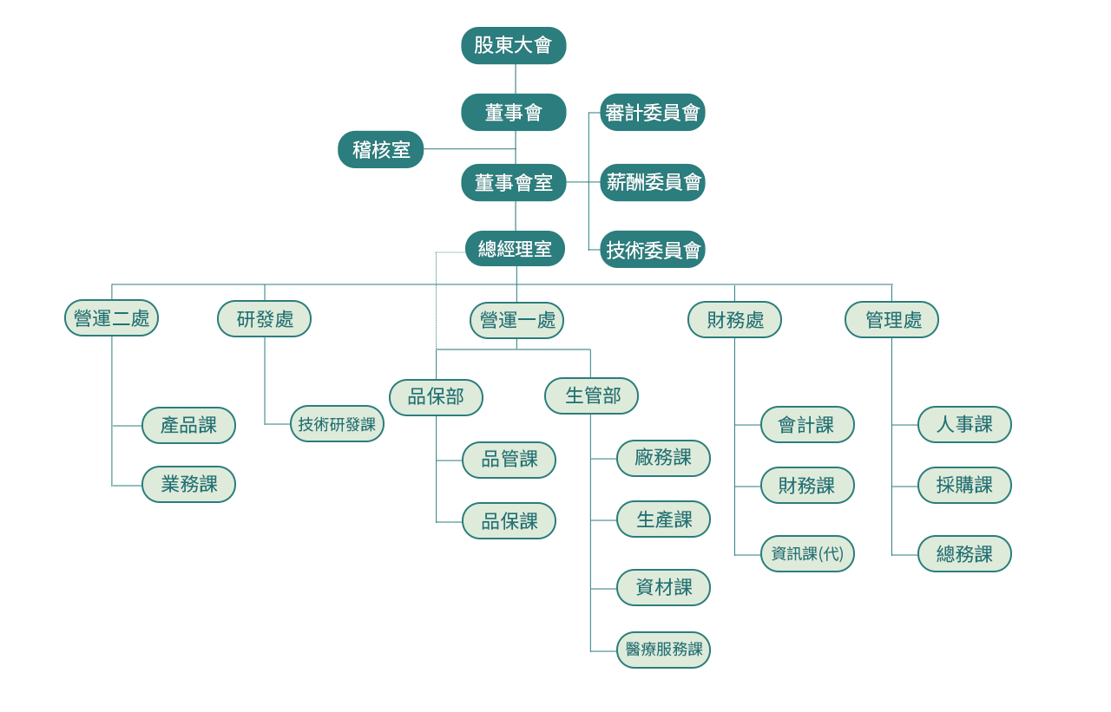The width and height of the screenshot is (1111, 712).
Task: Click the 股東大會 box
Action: click(x=513, y=46)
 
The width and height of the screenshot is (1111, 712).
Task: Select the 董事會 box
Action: click(x=513, y=113)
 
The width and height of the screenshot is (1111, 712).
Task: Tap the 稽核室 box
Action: click(x=381, y=149)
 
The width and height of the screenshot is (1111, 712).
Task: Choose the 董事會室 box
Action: click(x=513, y=183)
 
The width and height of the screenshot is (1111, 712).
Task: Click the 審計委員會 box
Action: click(x=653, y=113)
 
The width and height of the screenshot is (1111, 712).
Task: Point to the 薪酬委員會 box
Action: click(x=653, y=183)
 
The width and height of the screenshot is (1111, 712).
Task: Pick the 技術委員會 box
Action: click(x=653, y=250)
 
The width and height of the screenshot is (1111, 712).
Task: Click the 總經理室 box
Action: click(x=515, y=250)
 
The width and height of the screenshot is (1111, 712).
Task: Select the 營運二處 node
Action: click(x=112, y=318)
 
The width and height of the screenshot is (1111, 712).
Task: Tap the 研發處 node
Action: click(x=264, y=319)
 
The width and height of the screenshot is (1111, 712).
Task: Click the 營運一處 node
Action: click(x=516, y=320)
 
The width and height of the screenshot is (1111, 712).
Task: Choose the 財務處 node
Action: click(x=734, y=320)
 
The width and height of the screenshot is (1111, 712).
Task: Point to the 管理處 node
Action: click(x=891, y=320)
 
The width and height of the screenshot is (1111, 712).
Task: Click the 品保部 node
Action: click(x=436, y=397)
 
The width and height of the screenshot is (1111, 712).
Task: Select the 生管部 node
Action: click(x=591, y=396)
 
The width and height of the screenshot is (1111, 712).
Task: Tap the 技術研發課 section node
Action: click(x=337, y=424)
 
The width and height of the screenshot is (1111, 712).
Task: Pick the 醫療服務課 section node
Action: click(x=663, y=650)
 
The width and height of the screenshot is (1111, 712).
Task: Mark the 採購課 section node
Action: click(x=964, y=486)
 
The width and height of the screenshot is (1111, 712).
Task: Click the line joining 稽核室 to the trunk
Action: click(x=469, y=149)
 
